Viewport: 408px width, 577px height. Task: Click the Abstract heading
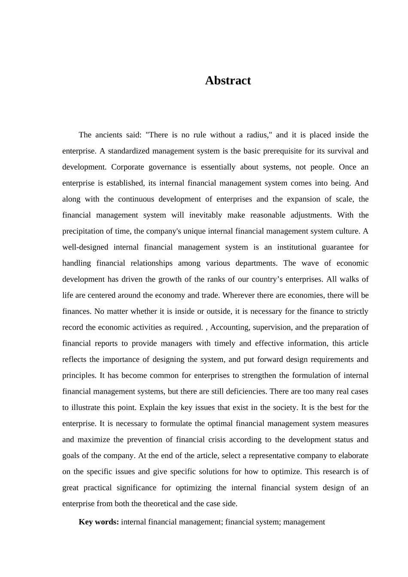(x=228, y=81)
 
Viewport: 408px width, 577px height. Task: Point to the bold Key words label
(x=99, y=522)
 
